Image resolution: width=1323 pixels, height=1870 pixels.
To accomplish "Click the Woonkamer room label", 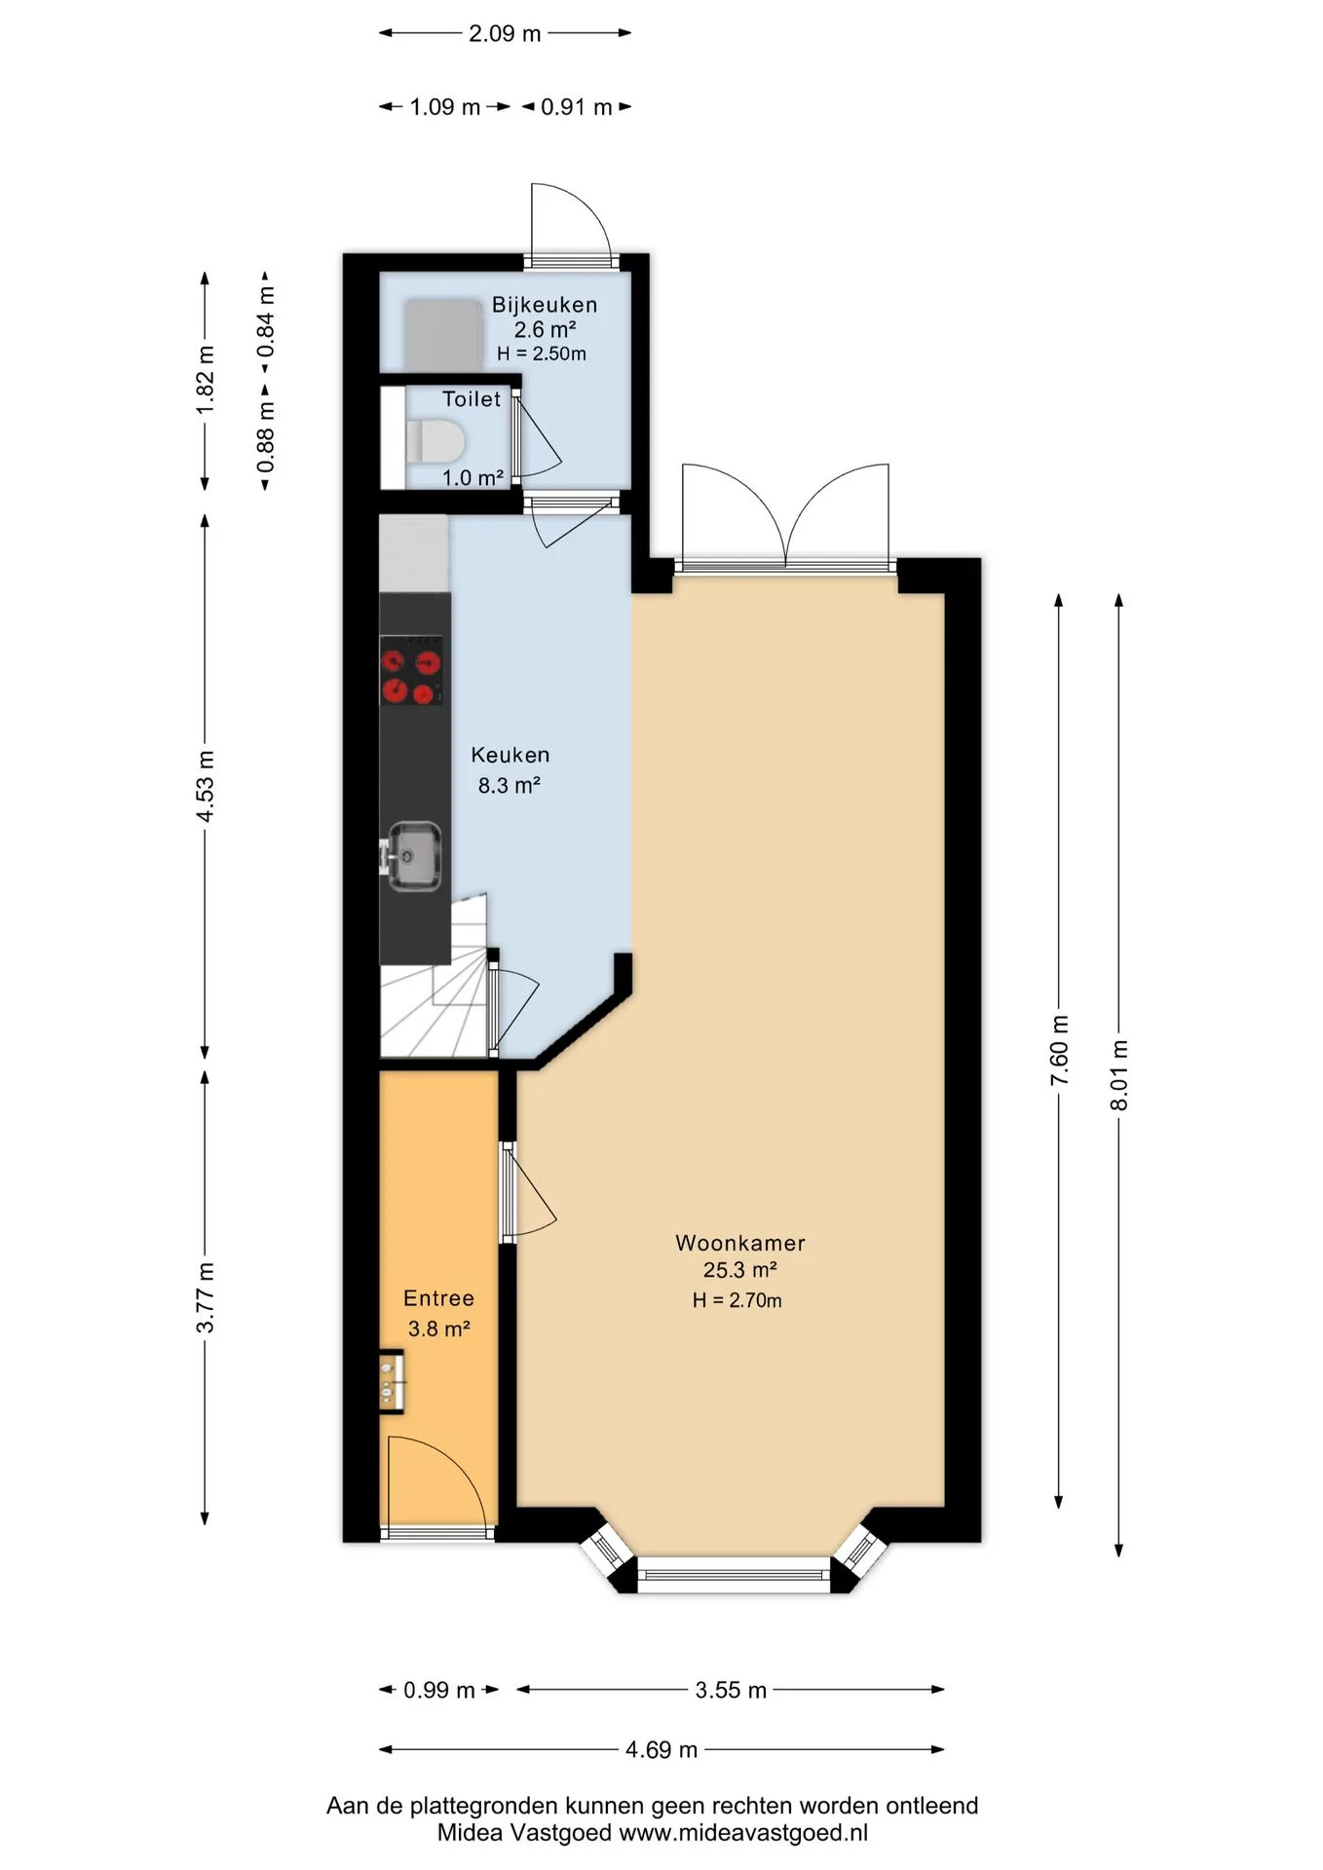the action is pyautogui.click(x=740, y=1243).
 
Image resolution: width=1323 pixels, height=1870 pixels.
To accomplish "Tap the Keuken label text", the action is pyautogui.click(x=510, y=755).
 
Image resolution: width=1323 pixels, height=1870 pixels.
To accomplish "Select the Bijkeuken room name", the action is pyautogui.click(x=545, y=305).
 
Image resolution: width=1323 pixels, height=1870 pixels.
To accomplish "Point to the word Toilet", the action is pyautogui.click(x=472, y=398).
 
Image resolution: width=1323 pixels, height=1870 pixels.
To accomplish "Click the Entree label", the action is pyautogui.click(x=438, y=1298).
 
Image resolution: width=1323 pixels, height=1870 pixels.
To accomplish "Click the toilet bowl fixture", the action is pyautogui.click(x=435, y=441).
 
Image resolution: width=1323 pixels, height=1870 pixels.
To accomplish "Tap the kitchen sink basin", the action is pyautogui.click(x=415, y=857).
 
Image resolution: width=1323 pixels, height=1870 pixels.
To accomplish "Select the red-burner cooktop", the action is pyautogui.click(x=411, y=670).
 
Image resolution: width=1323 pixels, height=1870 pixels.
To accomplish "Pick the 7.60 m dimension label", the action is pyautogui.click(x=1060, y=1050).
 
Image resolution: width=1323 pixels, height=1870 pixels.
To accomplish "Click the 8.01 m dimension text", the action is pyautogui.click(x=1119, y=1074).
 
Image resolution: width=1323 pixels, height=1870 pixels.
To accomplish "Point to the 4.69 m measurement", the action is pyautogui.click(x=661, y=1749).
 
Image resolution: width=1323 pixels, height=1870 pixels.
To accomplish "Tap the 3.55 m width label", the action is pyautogui.click(x=731, y=1690).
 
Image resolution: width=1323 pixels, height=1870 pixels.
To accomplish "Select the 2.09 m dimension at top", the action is pyautogui.click(x=505, y=33).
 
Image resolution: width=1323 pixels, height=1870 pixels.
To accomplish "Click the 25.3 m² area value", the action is pyautogui.click(x=740, y=1270).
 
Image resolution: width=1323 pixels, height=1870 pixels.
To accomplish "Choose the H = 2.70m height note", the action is pyautogui.click(x=737, y=1300).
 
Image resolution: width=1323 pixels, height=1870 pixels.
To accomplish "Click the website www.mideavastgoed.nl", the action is pyautogui.click(x=743, y=1832).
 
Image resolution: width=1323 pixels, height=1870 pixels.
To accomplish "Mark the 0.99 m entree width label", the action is pyautogui.click(x=439, y=1690).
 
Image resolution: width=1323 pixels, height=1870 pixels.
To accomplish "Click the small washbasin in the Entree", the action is pyautogui.click(x=392, y=1381).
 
